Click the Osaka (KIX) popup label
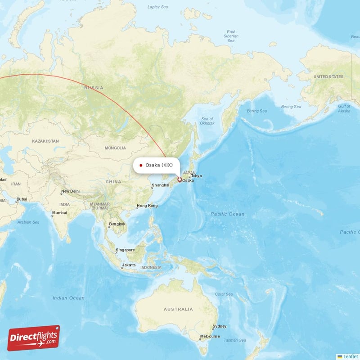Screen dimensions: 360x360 point(156,165)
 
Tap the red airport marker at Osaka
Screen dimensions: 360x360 point(180,180)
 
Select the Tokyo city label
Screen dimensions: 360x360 point(197,175)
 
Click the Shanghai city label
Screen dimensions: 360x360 point(160,185)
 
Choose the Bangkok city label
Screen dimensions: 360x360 point(117,224)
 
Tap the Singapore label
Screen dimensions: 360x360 point(125,250)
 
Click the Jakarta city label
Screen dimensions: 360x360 point(129,265)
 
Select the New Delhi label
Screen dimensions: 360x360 point(71,191)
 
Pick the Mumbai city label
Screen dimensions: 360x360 point(59,213)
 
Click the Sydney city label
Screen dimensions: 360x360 point(220,326)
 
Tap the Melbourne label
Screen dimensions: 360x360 point(210,336)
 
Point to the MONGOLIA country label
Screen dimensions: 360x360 point(115,148)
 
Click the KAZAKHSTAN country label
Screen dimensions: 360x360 point(45,141)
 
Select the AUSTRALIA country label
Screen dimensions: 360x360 point(178,309)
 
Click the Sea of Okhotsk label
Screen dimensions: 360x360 point(207,121)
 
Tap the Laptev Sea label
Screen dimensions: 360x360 point(157,7)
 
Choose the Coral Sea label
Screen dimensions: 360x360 point(223,294)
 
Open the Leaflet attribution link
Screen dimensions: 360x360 point(350,356)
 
